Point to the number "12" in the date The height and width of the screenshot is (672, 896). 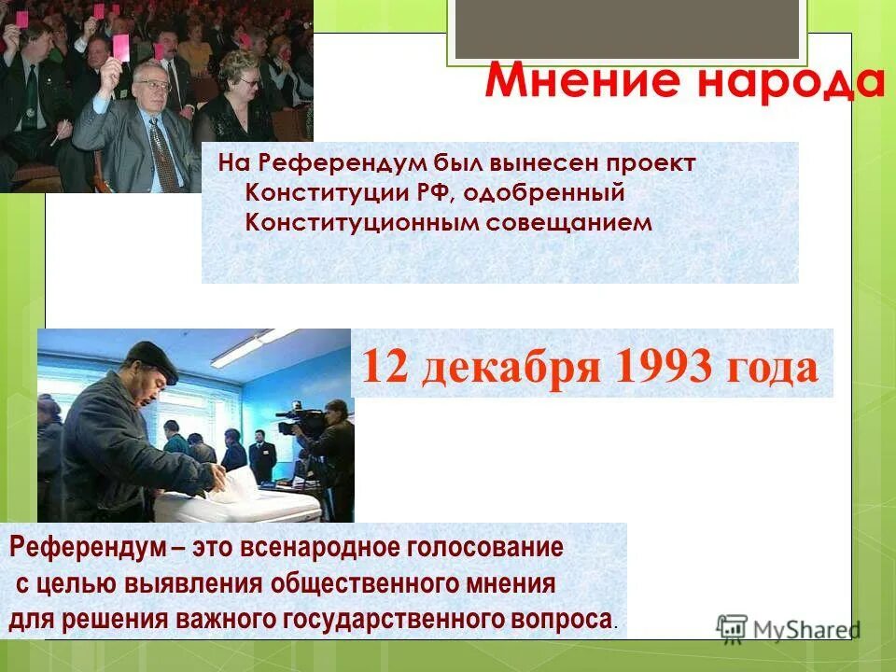(x=384, y=367)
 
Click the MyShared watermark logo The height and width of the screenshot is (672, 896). (x=788, y=628)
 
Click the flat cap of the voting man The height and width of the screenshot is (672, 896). (x=151, y=355)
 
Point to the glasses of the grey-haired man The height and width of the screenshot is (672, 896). (x=153, y=86)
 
